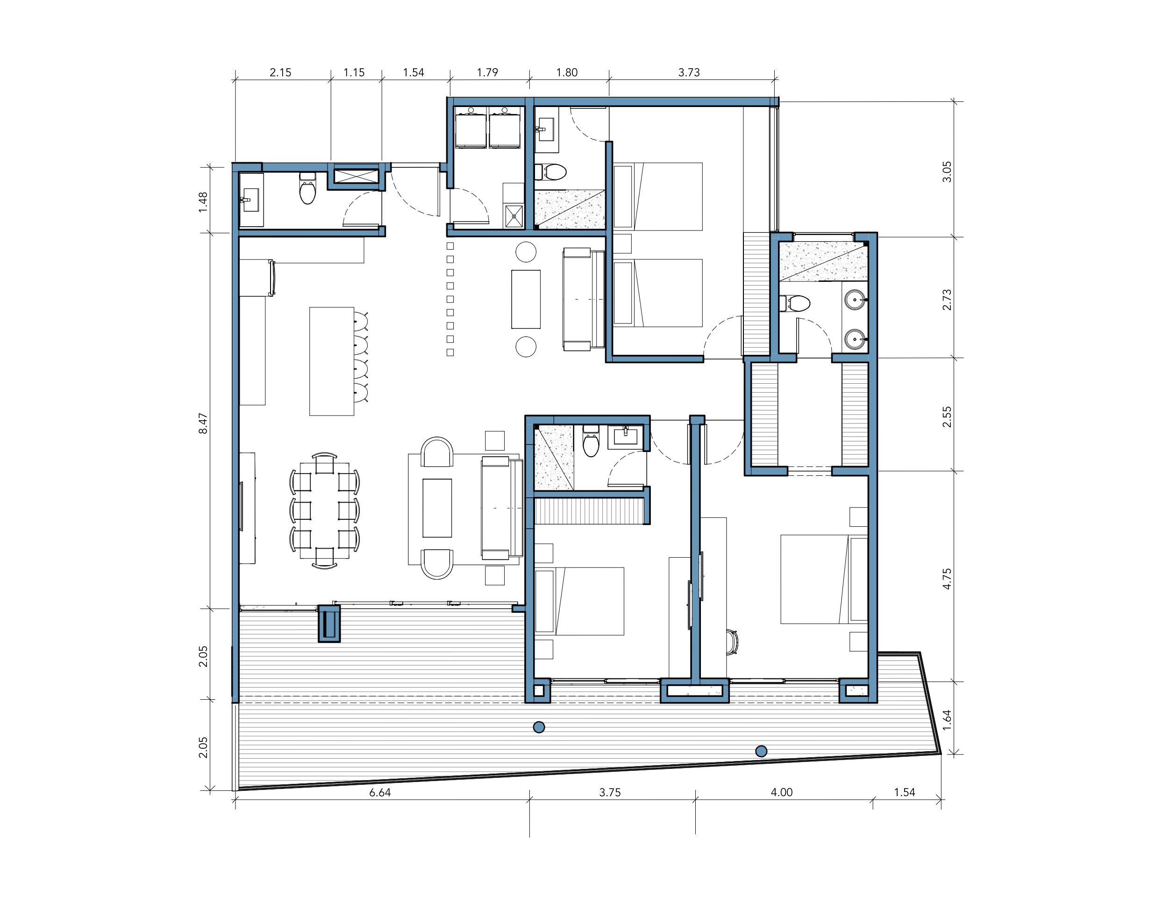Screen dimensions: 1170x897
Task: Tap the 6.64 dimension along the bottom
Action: (x=380, y=792)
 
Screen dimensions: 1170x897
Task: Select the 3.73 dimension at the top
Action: (x=689, y=72)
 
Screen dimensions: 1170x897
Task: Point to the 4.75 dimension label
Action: (x=947, y=578)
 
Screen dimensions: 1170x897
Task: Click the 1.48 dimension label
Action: (x=203, y=202)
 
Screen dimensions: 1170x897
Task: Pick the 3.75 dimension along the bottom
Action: (x=610, y=792)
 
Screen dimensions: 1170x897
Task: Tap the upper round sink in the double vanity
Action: (x=856, y=300)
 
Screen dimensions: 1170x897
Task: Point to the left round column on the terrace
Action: (x=539, y=727)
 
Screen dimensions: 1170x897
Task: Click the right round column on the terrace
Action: (x=761, y=751)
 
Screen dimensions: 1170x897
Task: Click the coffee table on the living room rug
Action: (x=437, y=508)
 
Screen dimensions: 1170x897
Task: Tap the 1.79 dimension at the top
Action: (x=487, y=72)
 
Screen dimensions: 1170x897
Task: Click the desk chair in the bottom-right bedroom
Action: (x=732, y=641)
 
